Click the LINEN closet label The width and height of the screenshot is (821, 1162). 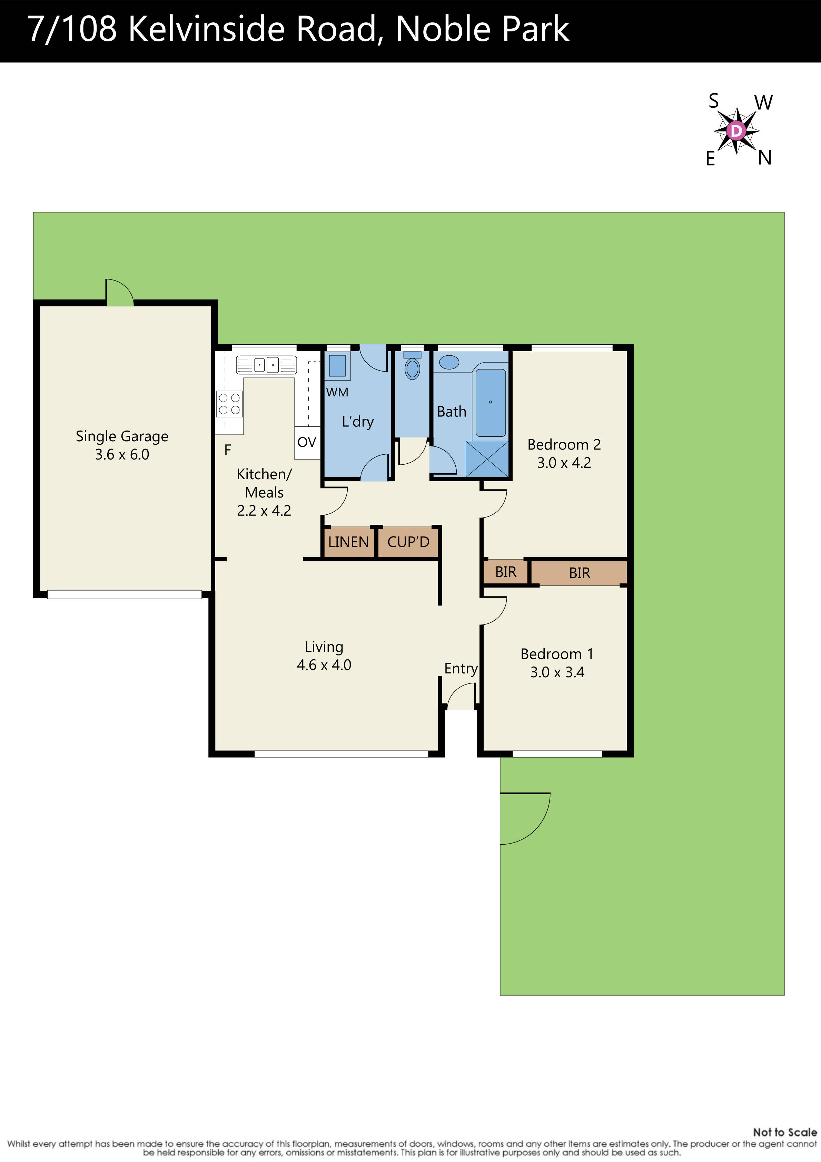pos(348,542)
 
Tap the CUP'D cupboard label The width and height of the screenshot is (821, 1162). pos(408,542)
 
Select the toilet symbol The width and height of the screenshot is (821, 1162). pos(413,368)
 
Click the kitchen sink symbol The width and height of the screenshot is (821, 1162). pos(266,364)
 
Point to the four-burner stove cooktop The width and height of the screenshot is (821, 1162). pos(229,404)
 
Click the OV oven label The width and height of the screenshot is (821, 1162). pos(307,442)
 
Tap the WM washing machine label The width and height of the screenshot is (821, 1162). pos(337,392)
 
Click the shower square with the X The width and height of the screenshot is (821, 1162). pos(487,459)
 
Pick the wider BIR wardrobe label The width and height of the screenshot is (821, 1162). pos(579,573)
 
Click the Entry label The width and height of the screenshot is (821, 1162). pos(461,669)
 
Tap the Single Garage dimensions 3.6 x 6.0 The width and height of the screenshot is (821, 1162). pos(122,454)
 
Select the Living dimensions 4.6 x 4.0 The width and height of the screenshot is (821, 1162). pos(324,665)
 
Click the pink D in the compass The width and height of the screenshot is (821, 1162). pos(736,131)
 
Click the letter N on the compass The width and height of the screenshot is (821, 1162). pos(764,158)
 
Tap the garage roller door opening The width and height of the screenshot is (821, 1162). pos(125,595)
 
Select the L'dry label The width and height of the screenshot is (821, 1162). pos(358,422)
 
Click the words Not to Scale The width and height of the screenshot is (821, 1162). pos(784,1132)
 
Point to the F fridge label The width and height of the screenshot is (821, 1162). pos(228,450)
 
